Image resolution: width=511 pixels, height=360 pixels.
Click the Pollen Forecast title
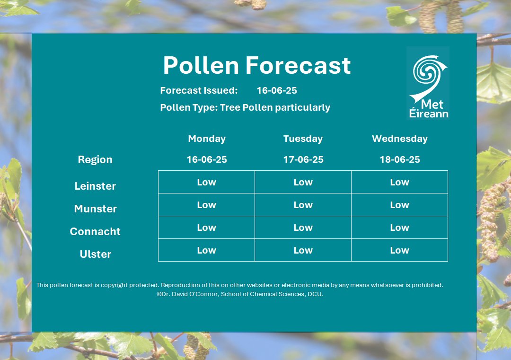tap(256, 65)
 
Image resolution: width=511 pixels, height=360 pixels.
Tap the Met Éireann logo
tap(428, 83)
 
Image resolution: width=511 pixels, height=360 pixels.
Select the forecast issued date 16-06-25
tap(277, 90)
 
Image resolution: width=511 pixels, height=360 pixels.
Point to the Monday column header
tap(207, 139)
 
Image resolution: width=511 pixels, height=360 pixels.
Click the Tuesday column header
tap(303, 139)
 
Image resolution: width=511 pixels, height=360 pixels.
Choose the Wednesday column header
tap(399, 139)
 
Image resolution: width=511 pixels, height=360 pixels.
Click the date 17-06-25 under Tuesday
tap(303, 159)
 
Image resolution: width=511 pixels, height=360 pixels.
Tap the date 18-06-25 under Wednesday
tap(400, 159)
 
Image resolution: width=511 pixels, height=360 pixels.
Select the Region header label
tap(95, 159)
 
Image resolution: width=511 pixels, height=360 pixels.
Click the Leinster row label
tap(95, 186)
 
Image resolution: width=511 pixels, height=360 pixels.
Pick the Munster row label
tap(96, 209)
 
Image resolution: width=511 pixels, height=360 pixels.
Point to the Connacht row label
tap(95, 231)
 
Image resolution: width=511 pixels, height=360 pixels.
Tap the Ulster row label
tap(96, 254)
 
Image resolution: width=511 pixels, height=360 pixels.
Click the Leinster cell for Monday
tap(206, 182)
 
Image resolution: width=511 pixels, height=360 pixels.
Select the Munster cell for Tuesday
tap(303, 205)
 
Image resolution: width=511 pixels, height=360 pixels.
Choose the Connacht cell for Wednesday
tap(399, 228)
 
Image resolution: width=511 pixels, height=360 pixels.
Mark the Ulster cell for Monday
tap(206, 250)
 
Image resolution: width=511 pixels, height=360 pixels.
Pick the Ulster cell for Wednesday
tap(399, 250)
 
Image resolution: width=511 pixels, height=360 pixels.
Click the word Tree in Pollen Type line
tap(229, 107)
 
